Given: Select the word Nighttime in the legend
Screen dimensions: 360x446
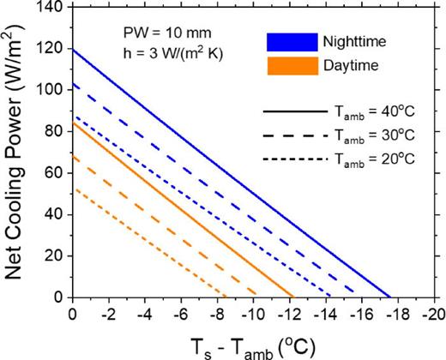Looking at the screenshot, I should click(352, 42).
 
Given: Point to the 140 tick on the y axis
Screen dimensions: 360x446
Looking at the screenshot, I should click(53, 6).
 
